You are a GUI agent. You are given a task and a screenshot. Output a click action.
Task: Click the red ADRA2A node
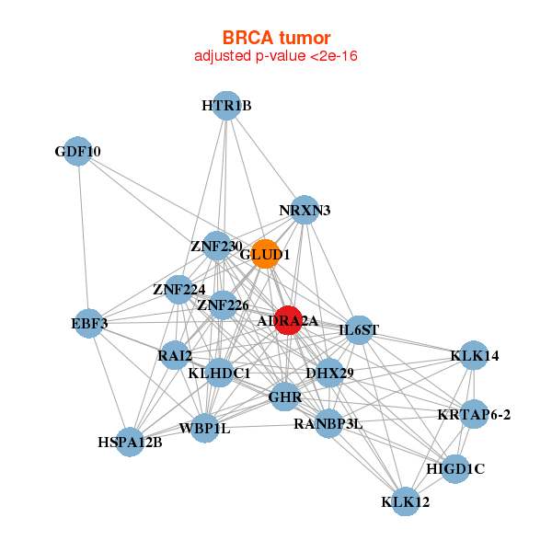[x=289, y=320]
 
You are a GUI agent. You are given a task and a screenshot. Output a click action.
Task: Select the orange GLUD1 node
[x=265, y=255]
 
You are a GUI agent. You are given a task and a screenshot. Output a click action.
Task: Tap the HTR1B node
[x=226, y=106]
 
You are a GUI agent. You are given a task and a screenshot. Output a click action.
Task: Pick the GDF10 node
[x=78, y=152]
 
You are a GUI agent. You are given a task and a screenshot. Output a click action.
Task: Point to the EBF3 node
[x=90, y=324]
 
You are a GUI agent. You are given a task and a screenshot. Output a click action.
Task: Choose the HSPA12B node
[x=131, y=443]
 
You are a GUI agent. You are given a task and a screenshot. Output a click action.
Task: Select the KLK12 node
[x=405, y=502]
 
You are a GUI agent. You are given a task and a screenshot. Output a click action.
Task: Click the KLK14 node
[x=474, y=356]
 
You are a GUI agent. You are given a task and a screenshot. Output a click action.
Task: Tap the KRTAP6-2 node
[x=475, y=414]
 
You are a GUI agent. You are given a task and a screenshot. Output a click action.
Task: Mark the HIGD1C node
[x=455, y=469]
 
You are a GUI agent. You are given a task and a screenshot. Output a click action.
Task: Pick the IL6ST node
[x=359, y=329]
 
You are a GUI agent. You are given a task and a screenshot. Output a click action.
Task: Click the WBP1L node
[x=204, y=430]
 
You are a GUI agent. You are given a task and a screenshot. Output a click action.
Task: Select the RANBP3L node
[x=328, y=424]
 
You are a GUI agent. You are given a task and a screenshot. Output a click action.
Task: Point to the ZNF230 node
[x=217, y=247]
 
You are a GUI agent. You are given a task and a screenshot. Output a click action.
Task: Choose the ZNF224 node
[x=179, y=291]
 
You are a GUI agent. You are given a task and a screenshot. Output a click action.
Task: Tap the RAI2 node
[x=175, y=355]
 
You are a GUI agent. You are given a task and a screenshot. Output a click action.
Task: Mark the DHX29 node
[x=329, y=373]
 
